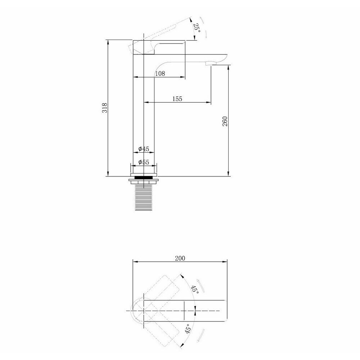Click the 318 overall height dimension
pos(105,108)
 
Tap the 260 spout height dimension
pos(225,121)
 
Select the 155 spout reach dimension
pos(177,99)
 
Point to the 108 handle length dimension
pos(160,73)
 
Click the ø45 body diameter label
pos(144,149)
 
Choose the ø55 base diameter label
pos(144,162)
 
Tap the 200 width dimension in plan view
pos(180,258)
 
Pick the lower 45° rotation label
pos(188,329)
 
